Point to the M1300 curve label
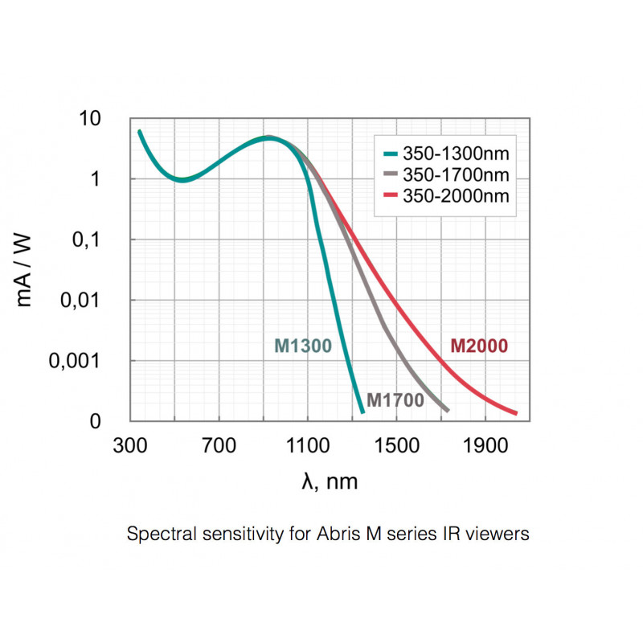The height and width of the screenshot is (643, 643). (x=303, y=346)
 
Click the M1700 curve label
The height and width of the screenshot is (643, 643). (x=395, y=399)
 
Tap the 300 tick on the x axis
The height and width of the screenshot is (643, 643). (x=130, y=444)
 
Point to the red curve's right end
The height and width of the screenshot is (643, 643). (x=515, y=413)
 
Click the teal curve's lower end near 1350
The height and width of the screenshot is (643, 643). (x=362, y=411)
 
